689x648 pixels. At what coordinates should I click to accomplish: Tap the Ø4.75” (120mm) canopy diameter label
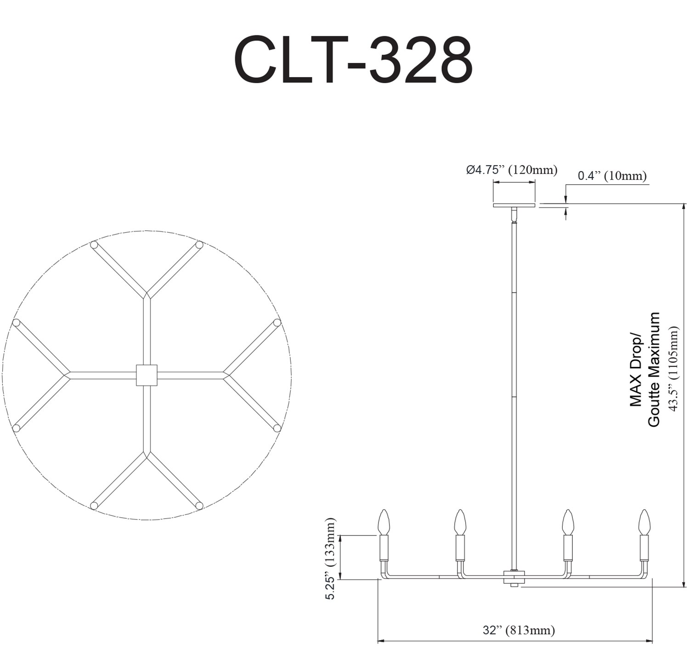pos(512,170)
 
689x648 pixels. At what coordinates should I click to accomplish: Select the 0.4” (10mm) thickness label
pos(612,176)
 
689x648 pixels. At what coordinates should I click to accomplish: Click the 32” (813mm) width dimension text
pos(519,630)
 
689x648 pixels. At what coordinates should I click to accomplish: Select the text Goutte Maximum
pos(654,369)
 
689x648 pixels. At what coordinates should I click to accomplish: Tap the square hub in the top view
pos(147,375)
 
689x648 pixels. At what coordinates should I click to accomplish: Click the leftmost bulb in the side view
pos(384,522)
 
